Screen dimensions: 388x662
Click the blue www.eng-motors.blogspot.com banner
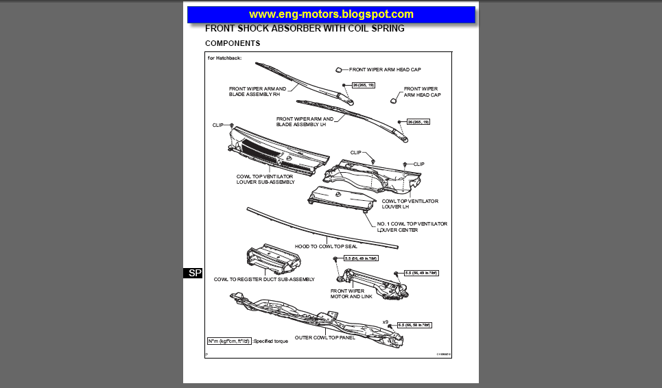[331, 14]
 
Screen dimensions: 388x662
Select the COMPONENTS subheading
[233, 43]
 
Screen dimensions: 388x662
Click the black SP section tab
[194, 273]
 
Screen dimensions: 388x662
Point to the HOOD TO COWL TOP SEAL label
[326, 246]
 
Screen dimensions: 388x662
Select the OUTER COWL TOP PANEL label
[324, 337]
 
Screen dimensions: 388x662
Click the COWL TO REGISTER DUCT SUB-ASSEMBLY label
[264, 279]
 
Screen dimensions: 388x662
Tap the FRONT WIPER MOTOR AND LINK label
[347, 294]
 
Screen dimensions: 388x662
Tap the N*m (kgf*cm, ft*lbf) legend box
[229, 341]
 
